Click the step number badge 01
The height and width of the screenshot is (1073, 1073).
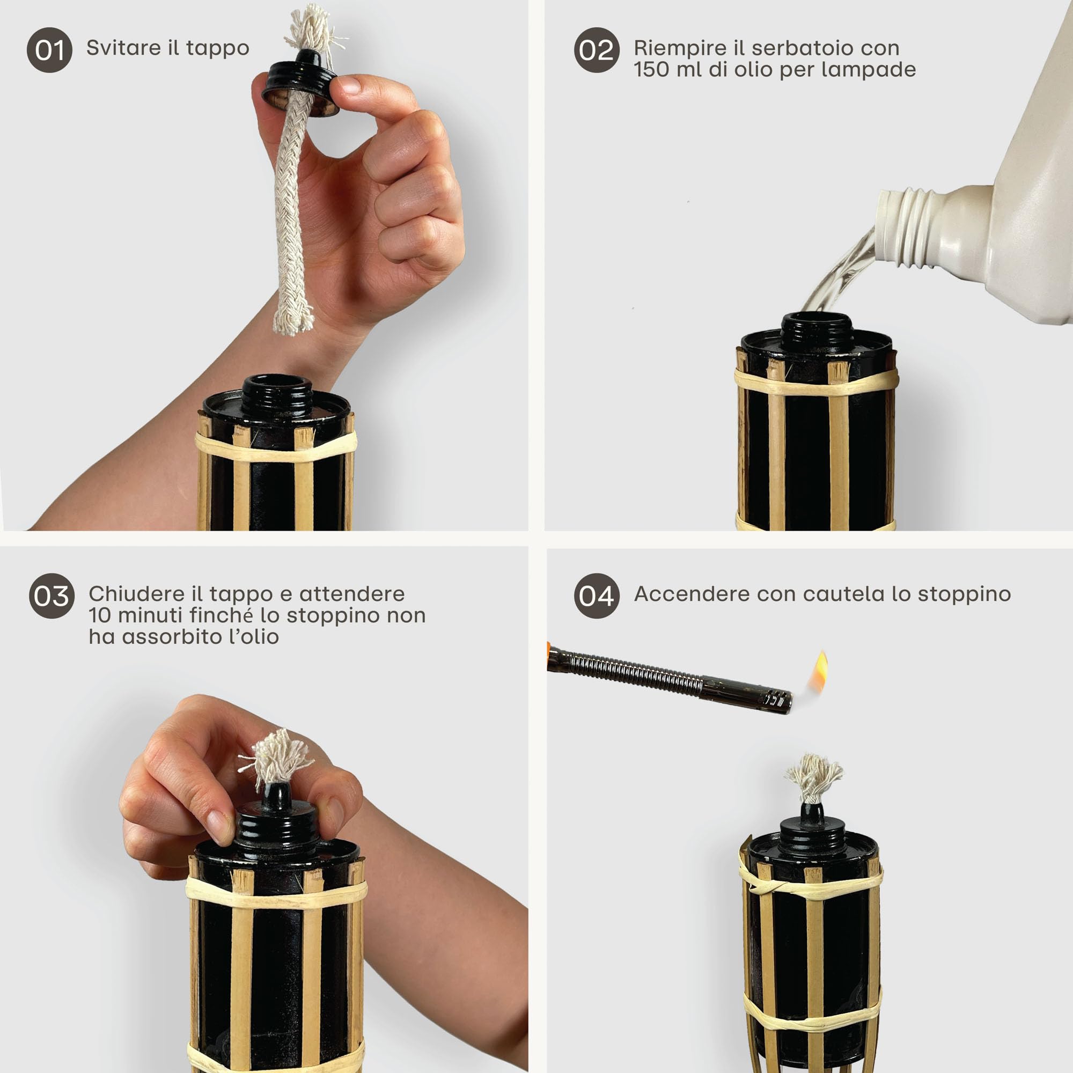pyautogui.click(x=49, y=50)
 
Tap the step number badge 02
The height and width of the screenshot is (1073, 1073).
pyautogui.click(x=597, y=50)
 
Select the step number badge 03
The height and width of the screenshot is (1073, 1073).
pyautogui.click(x=52, y=596)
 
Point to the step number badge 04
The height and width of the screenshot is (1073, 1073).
pyautogui.click(x=597, y=596)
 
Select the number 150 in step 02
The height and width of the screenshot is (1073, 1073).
pyautogui.click(x=651, y=69)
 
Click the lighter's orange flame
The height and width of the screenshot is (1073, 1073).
pyautogui.click(x=820, y=672)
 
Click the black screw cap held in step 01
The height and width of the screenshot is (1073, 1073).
pyautogui.click(x=300, y=83)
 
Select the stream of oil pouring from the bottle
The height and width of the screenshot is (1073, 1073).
pyautogui.click(x=839, y=272)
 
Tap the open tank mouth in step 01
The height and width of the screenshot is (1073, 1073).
pyautogui.click(x=277, y=384)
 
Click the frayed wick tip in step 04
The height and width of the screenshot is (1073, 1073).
pyautogui.click(x=814, y=777)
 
